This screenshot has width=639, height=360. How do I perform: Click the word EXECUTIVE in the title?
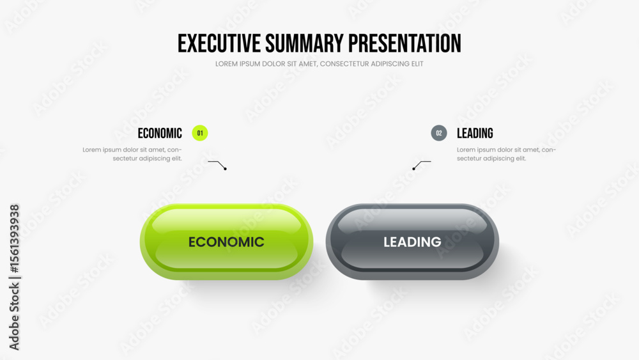pos(219,43)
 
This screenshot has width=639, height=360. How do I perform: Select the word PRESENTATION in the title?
pos(404,43)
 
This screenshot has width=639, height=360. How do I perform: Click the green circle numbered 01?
pos(199,133)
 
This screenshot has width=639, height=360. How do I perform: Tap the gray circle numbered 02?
pos(439,133)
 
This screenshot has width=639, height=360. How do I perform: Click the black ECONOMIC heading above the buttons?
pos(160,133)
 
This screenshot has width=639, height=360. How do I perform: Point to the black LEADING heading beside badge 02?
pos(475,133)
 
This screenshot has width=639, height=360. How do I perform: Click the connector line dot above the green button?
pos(225,169)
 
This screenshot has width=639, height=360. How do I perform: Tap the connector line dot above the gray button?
pos(413,169)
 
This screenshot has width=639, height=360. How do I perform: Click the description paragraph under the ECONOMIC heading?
pos(132,154)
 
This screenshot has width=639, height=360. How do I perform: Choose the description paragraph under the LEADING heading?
pos(507,154)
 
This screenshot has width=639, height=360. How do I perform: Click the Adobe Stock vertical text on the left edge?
pos(14,316)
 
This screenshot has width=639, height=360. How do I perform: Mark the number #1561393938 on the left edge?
pos(14,239)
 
